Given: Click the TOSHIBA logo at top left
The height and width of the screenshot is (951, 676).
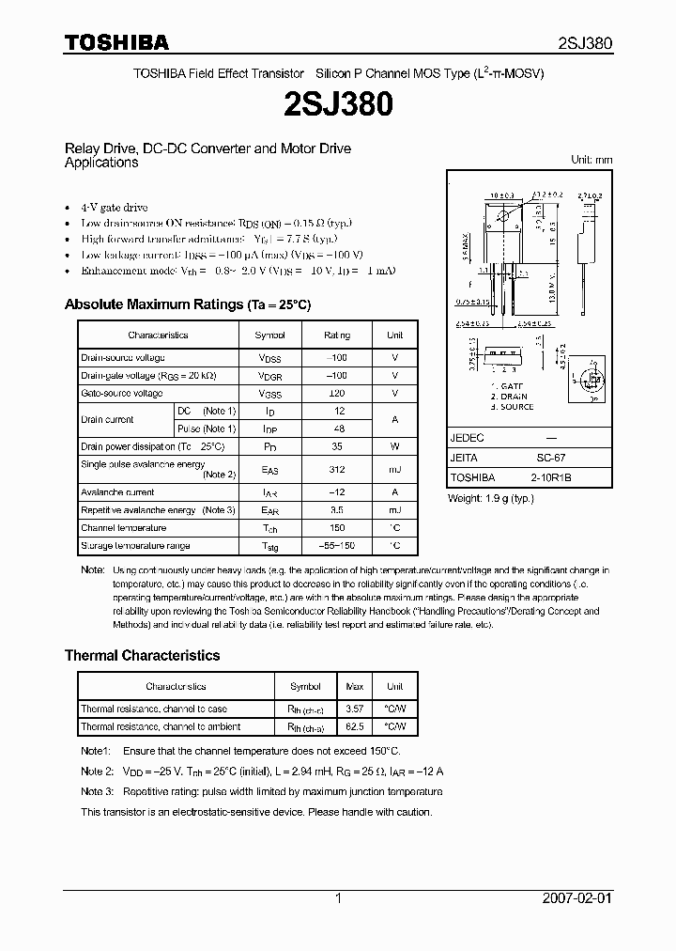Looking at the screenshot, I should click(x=116, y=42).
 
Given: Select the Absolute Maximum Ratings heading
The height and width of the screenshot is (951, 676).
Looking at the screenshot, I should click(x=187, y=304).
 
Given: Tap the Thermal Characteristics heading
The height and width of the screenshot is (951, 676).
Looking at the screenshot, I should click(x=142, y=655).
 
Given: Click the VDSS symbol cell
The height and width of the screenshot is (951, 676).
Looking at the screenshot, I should click(x=269, y=358).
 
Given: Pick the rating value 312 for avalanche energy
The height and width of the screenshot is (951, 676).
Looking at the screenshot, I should click(x=337, y=469).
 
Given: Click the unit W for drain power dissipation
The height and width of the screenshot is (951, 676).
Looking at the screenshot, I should click(x=394, y=446).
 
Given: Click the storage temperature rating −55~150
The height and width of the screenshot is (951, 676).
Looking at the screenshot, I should click(x=337, y=546).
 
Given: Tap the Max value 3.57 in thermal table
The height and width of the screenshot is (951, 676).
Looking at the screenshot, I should click(x=355, y=709).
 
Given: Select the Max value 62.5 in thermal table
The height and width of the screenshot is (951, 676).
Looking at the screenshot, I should click(x=355, y=726).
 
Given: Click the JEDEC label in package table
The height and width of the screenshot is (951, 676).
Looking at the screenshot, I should click(x=467, y=438).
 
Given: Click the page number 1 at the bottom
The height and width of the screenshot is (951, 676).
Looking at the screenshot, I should click(x=338, y=898).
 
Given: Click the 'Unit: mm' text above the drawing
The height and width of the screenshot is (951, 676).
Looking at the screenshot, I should click(x=591, y=160).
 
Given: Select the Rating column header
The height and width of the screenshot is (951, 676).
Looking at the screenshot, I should click(x=337, y=335).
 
